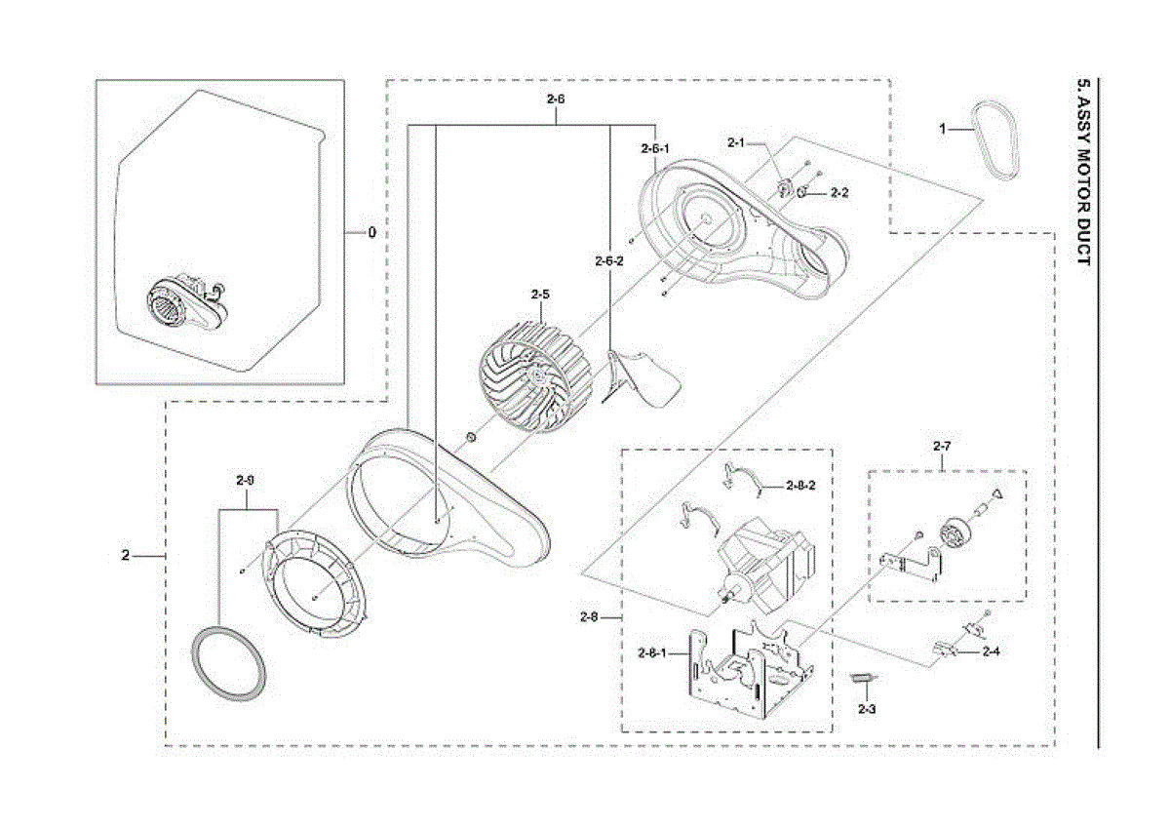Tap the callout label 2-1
tap(736, 143)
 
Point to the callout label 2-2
tap(839, 194)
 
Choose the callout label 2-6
tap(556, 99)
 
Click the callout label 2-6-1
tap(654, 149)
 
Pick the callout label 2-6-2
tap(608, 261)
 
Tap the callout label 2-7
tap(941, 447)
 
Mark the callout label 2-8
tap(588, 616)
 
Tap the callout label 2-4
tap(992, 651)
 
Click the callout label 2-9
tap(246, 481)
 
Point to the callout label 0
tap(370, 234)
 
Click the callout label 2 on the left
tap(125, 556)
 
